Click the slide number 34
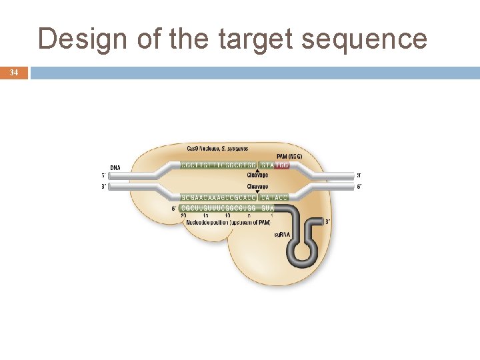pos(14,72)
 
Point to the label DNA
pos(115,167)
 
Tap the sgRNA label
pos(282,235)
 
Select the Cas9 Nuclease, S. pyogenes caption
pos(216,147)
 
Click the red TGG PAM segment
pos(281,165)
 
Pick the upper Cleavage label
pos(258,175)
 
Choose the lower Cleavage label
pos(258,187)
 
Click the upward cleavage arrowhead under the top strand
pos(258,171)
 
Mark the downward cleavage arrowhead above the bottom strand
pos(258,192)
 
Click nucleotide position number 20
pos(183,215)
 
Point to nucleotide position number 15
pos(205,215)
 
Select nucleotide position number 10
pos(227,215)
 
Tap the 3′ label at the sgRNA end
pos(327,221)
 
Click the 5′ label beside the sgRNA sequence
pos(174,208)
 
